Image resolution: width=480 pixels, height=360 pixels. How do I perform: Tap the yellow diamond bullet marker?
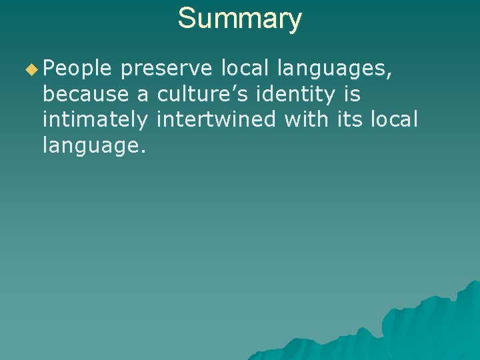[x=31, y=69]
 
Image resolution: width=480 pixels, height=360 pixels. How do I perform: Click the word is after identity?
[x=353, y=94]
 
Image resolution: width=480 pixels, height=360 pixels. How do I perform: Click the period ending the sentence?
[x=143, y=151]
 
